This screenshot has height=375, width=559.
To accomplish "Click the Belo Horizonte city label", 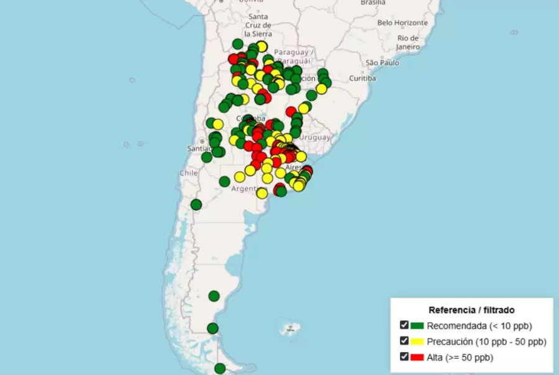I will [x=402, y=22].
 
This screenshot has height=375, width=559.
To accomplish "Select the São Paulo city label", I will [x=381, y=63].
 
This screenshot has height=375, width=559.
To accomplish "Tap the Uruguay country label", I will [x=315, y=137].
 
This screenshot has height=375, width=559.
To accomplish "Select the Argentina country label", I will [x=248, y=189].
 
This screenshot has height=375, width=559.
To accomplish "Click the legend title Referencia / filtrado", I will [x=471, y=309].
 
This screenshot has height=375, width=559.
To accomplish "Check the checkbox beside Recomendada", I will [x=404, y=325].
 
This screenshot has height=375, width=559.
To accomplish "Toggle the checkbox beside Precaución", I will [x=404, y=341].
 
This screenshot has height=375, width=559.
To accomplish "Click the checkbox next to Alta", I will [x=404, y=356].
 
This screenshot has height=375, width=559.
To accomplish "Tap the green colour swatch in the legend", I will [x=417, y=325].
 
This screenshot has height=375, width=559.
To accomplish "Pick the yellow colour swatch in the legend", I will [x=417, y=341].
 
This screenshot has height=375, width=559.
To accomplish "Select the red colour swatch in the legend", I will [x=417, y=356].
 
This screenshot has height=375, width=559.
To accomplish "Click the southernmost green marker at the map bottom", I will [x=220, y=369].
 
